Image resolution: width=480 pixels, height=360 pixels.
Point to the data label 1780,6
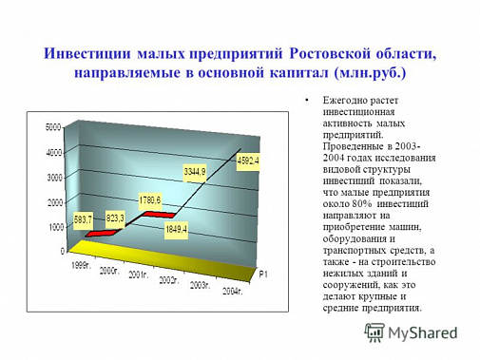151,199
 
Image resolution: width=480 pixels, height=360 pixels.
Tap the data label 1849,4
175,229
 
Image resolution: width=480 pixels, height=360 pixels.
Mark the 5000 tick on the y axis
53,126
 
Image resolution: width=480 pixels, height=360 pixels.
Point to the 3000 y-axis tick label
53,177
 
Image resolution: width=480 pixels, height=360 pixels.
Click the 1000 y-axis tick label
53,227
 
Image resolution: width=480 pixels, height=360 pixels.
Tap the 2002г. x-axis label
170,280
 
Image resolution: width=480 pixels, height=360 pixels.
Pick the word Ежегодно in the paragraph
345,101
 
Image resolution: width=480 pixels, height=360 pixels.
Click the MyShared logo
417,333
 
